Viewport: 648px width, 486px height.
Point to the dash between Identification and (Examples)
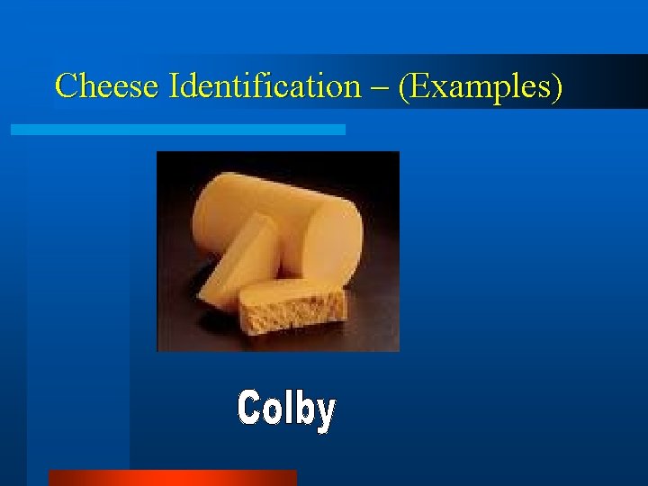pyautogui.click(x=382, y=88)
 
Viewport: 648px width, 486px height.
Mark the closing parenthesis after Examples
pyautogui.click(x=559, y=87)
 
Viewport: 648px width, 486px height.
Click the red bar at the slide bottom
pyautogui.click(x=172, y=477)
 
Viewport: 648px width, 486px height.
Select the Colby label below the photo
pyautogui.click(x=286, y=409)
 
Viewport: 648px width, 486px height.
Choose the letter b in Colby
pyautogui.click(x=303, y=408)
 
